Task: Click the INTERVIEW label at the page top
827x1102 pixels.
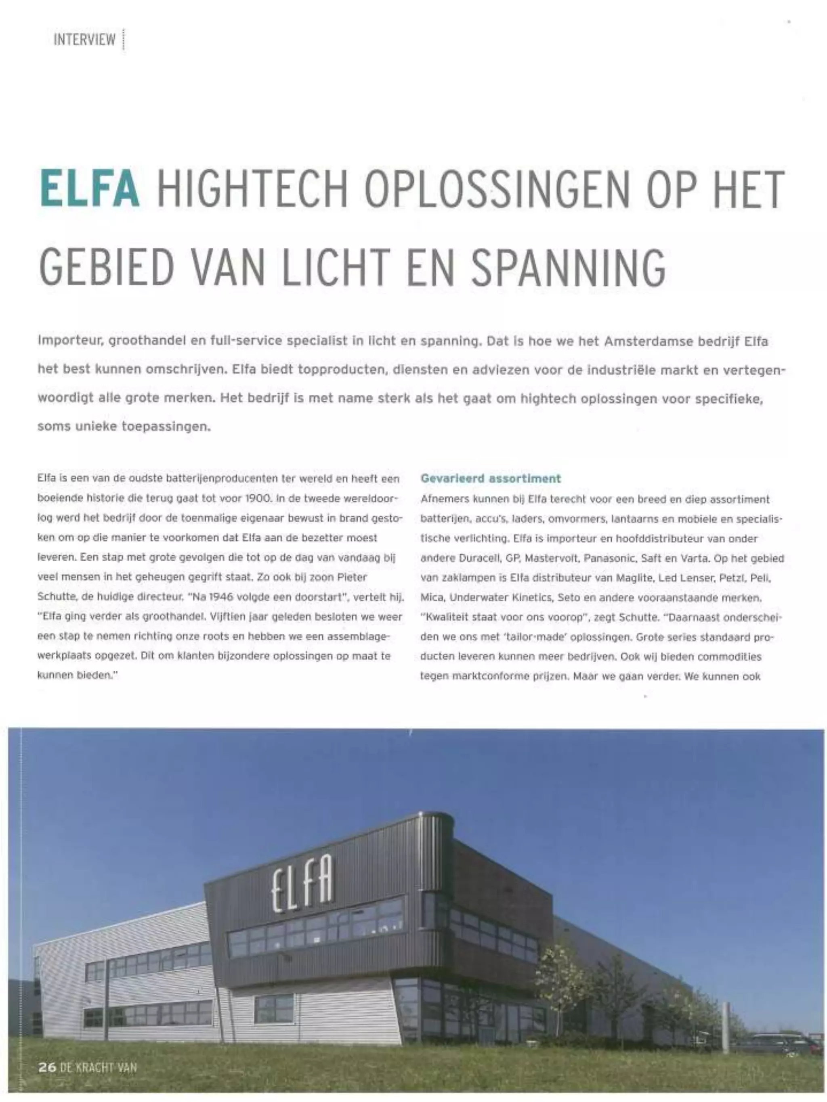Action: pos(84,40)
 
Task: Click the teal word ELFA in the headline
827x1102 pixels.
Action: pos(89,189)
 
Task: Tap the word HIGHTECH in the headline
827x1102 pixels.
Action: pos(252,189)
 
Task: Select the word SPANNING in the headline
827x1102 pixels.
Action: pos(568,268)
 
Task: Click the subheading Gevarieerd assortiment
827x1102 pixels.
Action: pos(491,478)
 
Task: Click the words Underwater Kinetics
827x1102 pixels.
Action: pos(495,597)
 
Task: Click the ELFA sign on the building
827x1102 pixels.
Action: pos(302,884)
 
